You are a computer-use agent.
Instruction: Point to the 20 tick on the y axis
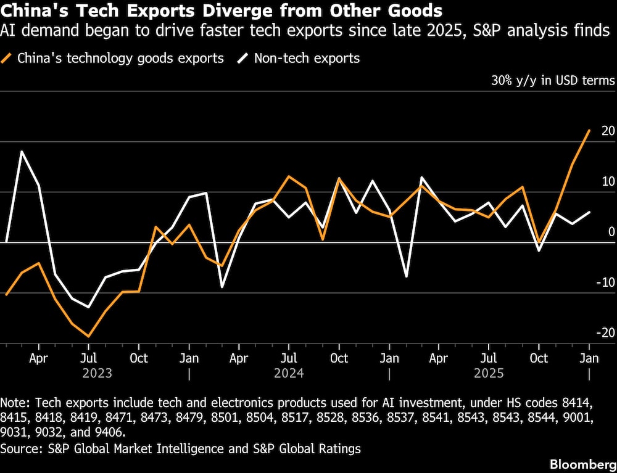608,131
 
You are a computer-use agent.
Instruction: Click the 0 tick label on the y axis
611,232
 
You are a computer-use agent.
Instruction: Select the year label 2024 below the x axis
289,373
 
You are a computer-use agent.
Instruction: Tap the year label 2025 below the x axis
489,373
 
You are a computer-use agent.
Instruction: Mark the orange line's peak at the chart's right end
589,130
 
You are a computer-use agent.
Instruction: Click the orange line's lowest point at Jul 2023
89,337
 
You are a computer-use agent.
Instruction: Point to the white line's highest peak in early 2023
22,151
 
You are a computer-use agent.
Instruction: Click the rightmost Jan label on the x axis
589,358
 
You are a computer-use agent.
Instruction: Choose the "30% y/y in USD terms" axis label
553,81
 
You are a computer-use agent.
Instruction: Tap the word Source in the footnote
21,448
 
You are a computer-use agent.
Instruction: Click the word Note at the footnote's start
14,402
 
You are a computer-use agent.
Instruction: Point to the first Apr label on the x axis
39,358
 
